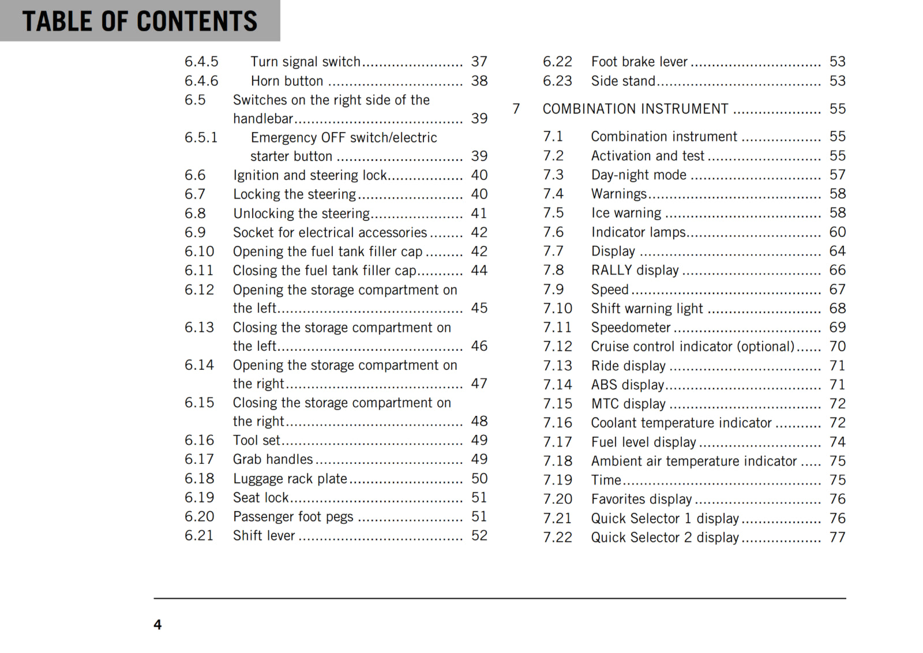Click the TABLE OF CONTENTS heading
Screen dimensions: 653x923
pyautogui.click(x=140, y=21)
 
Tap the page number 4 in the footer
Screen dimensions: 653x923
pyautogui.click(x=157, y=625)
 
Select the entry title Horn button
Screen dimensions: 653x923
pyautogui.click(x=287, y=81)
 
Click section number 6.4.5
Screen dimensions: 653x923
pyautogui.click(x=201, y=62)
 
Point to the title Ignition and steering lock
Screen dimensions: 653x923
pyautogui.click(x=310, y=175)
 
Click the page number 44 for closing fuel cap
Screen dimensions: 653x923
pyautogui.click(x=479, y=271)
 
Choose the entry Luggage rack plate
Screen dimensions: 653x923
pyautogui.click(x=290, y=479)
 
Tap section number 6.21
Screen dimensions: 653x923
pyautogui.click(x=199, y=536)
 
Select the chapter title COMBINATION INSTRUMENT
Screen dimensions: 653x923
pyautogui.click(x=635, y=109)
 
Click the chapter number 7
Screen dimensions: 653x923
pyautogui.click(x=516, y=109)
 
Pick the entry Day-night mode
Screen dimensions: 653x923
pyautogui.click(x=639, y=175)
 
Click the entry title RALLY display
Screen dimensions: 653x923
pyautogui.click(x=635, y=271)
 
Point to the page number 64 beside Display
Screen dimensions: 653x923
pyautogui.click(x=837, y=252)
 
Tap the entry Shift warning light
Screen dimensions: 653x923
pyautogui.click(x=647, y=309)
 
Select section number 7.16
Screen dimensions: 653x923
pyautogui.click(x=557, y=423)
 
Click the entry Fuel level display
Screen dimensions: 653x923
pyautogui.click(x=643, y=442)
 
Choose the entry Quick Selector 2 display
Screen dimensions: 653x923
pyautogui.click(x=665, y=538)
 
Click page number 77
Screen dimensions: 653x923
pyautogui.click(x=837, y=538)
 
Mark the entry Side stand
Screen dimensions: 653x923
pyautogui.click(x=623, y=81)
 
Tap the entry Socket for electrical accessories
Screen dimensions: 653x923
pyautogui.click(x=329, y=232)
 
